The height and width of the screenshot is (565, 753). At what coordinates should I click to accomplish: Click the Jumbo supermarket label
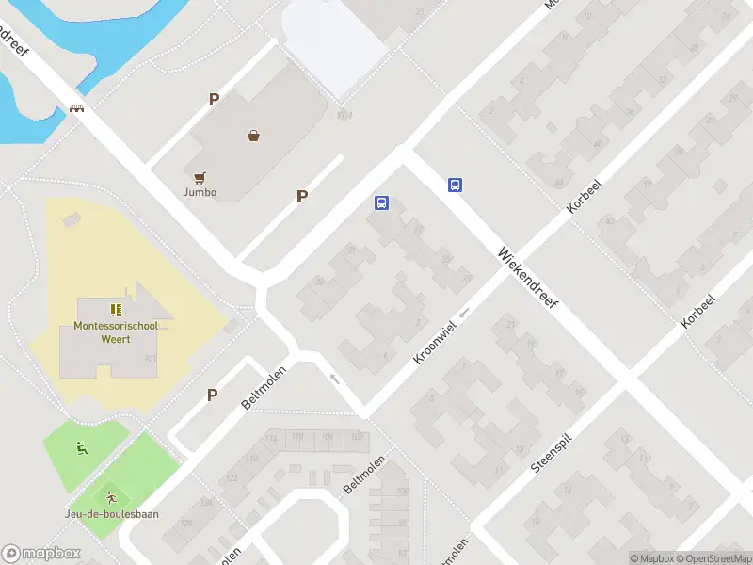point(200,193)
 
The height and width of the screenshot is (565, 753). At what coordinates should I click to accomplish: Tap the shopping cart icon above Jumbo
point(200,176)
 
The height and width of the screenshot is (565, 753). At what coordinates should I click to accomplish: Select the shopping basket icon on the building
point(253,136)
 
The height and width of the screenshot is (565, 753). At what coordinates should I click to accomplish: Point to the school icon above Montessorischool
point(117,309)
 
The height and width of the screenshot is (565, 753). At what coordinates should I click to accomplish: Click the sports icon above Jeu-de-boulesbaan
point(112,497)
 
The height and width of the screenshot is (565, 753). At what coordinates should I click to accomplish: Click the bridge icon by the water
point(77,108)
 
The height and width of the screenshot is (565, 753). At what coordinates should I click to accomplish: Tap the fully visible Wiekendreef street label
point(529,281)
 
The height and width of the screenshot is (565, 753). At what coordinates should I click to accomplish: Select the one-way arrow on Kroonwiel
point(464,312)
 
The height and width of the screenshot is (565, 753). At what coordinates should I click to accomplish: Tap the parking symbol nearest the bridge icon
point(215,99)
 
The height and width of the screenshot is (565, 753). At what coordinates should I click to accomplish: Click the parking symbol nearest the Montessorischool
point(213,395)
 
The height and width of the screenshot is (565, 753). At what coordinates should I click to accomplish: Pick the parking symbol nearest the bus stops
point(302,196)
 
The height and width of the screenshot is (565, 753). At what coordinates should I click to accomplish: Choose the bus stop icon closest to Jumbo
point(382,202)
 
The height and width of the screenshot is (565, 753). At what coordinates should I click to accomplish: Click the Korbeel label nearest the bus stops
point(584,194)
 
